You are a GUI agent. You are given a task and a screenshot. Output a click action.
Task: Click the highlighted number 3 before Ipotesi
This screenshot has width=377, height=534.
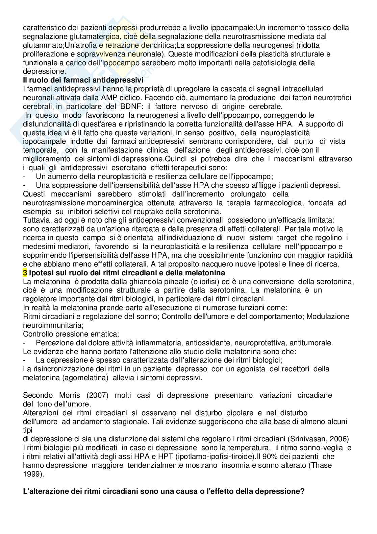click(25, 273)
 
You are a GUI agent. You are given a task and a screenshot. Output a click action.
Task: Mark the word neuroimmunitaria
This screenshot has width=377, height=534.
click(53, 325)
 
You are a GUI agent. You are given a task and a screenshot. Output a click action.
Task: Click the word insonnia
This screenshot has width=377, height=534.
click(237, 465)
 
